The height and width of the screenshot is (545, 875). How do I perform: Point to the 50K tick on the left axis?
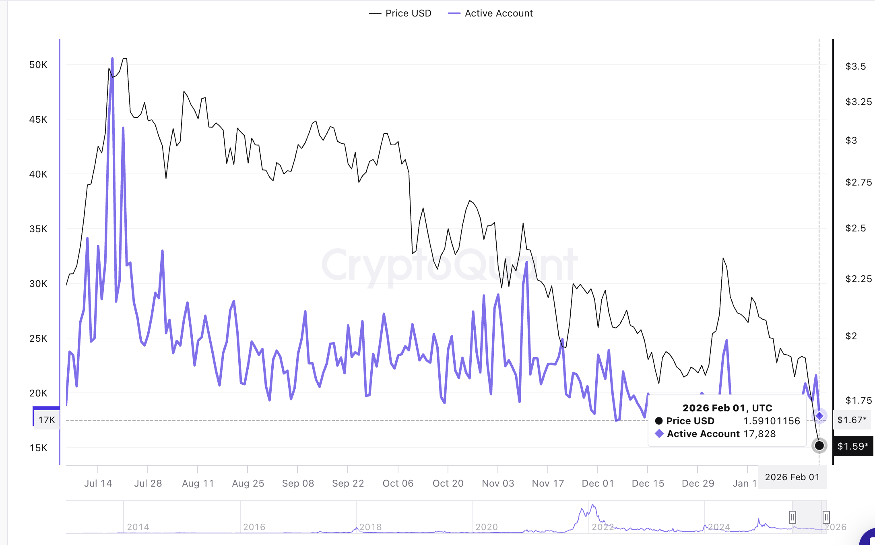[38, 65]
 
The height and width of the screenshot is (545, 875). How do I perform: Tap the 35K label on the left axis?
[38, 229]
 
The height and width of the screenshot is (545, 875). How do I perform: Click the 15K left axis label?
[38, 448]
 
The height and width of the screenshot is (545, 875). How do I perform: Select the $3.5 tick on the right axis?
[855, 66]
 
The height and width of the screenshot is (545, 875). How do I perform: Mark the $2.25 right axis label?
[858, 279]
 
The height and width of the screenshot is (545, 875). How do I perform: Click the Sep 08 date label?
[298, 483]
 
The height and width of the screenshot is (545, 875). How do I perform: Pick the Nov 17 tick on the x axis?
[548, 483]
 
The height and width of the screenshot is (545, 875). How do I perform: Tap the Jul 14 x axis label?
[98, 483]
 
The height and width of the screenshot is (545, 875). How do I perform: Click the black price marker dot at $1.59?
[819, 446]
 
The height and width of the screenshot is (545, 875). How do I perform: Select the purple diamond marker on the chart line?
[819, 415]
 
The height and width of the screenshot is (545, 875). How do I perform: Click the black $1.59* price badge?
[852, 446]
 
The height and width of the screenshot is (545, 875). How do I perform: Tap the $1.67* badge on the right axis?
[852, 420]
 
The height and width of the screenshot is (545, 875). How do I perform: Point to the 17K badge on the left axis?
[47, 420]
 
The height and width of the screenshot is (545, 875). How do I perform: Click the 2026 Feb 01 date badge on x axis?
[792, 477]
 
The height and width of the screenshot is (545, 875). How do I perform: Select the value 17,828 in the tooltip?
[759, 434]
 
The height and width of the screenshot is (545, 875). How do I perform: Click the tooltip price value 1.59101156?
[772, 421]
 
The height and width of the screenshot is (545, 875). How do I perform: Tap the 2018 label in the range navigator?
[370, 527]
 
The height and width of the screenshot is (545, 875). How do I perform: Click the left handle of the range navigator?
[792, 517]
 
